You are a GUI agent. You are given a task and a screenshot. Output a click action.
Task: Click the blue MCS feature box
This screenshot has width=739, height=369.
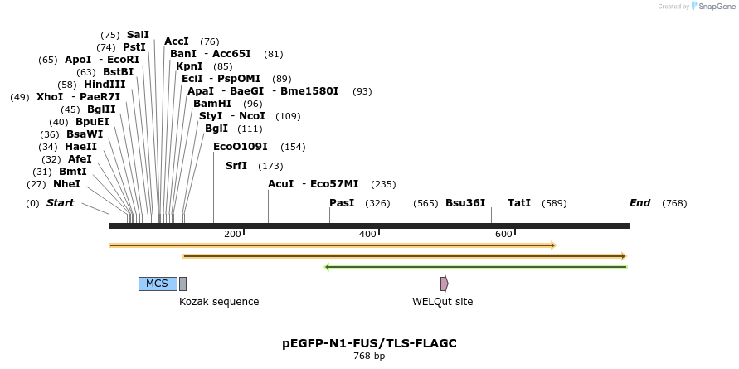pos(157,284)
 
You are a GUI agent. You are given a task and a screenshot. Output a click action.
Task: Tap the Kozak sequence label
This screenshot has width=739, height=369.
pos(219,302)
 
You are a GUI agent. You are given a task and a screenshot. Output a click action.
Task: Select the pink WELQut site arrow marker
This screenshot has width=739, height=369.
pos(445,284)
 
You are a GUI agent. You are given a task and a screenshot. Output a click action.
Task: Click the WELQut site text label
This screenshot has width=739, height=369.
pos(442,302)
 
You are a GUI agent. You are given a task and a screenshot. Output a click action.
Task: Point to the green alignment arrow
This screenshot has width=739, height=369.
pos(475,267)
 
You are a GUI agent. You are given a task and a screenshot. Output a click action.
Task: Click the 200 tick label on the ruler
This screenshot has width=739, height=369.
pos(232,235)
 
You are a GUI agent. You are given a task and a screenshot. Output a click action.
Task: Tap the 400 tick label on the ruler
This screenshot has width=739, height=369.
pos(367,235)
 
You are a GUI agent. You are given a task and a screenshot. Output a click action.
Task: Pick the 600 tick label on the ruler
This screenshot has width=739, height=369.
pos(503,235)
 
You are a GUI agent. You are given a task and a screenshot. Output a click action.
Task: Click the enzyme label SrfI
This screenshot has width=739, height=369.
pos(236,166)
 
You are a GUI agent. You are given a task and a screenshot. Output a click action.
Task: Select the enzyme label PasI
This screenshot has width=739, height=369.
pos(342,203)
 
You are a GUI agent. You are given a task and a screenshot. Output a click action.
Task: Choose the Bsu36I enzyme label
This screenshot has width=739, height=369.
pos(465,203)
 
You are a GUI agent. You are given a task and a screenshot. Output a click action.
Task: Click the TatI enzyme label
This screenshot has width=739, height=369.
pos(519,203)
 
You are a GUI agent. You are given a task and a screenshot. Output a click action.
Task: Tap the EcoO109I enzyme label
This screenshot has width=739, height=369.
pos(241,147)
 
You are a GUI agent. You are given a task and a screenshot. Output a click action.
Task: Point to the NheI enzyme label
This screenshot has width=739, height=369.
pos(66,184)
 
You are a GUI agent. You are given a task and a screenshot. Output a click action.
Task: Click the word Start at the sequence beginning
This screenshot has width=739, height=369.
pos(60,203)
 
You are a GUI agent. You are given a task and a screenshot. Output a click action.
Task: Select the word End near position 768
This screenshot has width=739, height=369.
pos(639,203)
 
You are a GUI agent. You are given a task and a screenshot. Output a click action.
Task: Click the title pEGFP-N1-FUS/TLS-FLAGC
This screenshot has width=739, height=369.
pos(369,343)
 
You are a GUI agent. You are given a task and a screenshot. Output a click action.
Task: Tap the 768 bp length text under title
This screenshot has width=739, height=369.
pos(369,357)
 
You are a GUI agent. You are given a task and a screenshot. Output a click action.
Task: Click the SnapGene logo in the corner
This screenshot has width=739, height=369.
pos(713,7)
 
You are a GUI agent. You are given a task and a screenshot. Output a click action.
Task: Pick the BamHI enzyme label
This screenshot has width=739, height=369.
pos(212,104)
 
